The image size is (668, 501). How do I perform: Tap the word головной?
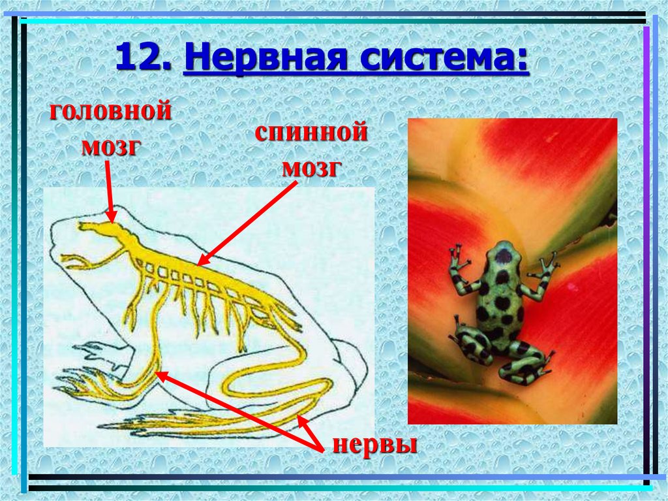click(x=112, y=110)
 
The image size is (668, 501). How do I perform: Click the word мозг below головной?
click(x=112, y=146)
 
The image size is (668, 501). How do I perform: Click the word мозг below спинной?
click(x=312, y=169)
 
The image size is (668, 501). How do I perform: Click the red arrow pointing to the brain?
click(x=109, y=191)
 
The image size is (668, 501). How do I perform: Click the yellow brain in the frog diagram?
click(x=104, y=230)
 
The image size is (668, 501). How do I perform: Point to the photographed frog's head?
click(x=503, y=257)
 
